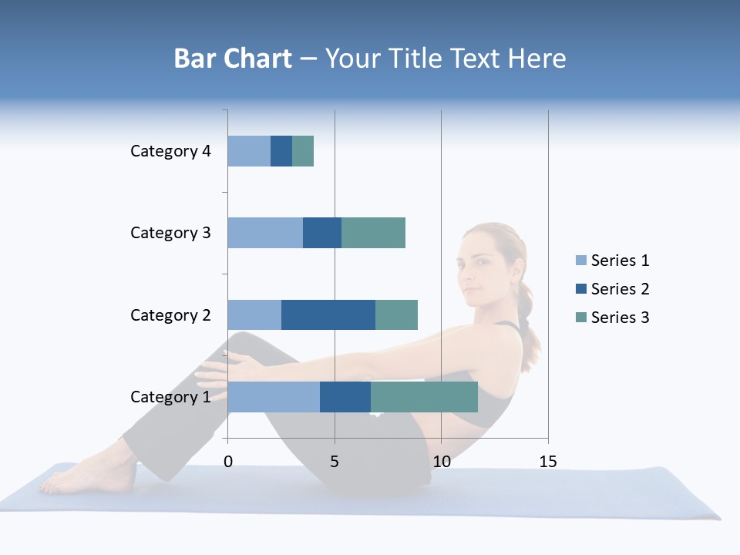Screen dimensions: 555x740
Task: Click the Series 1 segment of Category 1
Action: pyautogui.click(x=274, y=397)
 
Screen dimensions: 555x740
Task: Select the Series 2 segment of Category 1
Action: pyautogui.click(x=345, y=397)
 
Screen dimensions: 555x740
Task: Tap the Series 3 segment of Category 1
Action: pyautogui.click(x=424, y=397)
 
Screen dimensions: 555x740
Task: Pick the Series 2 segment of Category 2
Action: pyautogui.click(x=328, y=314)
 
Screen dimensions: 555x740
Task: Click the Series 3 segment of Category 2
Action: pyautogui.click(x=396, y=314)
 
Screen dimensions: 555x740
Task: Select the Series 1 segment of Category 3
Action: pyautogui.click(x=265, y=233)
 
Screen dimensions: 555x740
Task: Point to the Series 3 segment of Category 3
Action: pyautogui.click(x=373, y=233)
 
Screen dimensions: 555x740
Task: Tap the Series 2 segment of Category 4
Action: pyautogui.click(x=281, y=151)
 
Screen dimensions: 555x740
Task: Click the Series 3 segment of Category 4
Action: pyautogui.click(x=303, y=151)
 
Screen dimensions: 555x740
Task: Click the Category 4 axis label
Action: pyautogui.click(x=170, y=151)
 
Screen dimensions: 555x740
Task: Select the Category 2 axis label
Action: pyautogui.click(x=170, y=314)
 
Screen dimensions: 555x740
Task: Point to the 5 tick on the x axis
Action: pyautogui.click(x=335, y=462)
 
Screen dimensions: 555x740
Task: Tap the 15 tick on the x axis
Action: pyautogui.click(x=547, y=462)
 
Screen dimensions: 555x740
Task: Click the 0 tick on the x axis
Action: pyautogui.click(x=228, y=462)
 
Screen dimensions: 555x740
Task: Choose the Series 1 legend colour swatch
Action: pyautogui.click(x=581, y=261)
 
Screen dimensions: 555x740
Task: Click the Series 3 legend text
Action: pyautogui.click(x=620, y=318)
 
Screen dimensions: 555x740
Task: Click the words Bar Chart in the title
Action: pyautogui.click(x=233, y=59)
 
